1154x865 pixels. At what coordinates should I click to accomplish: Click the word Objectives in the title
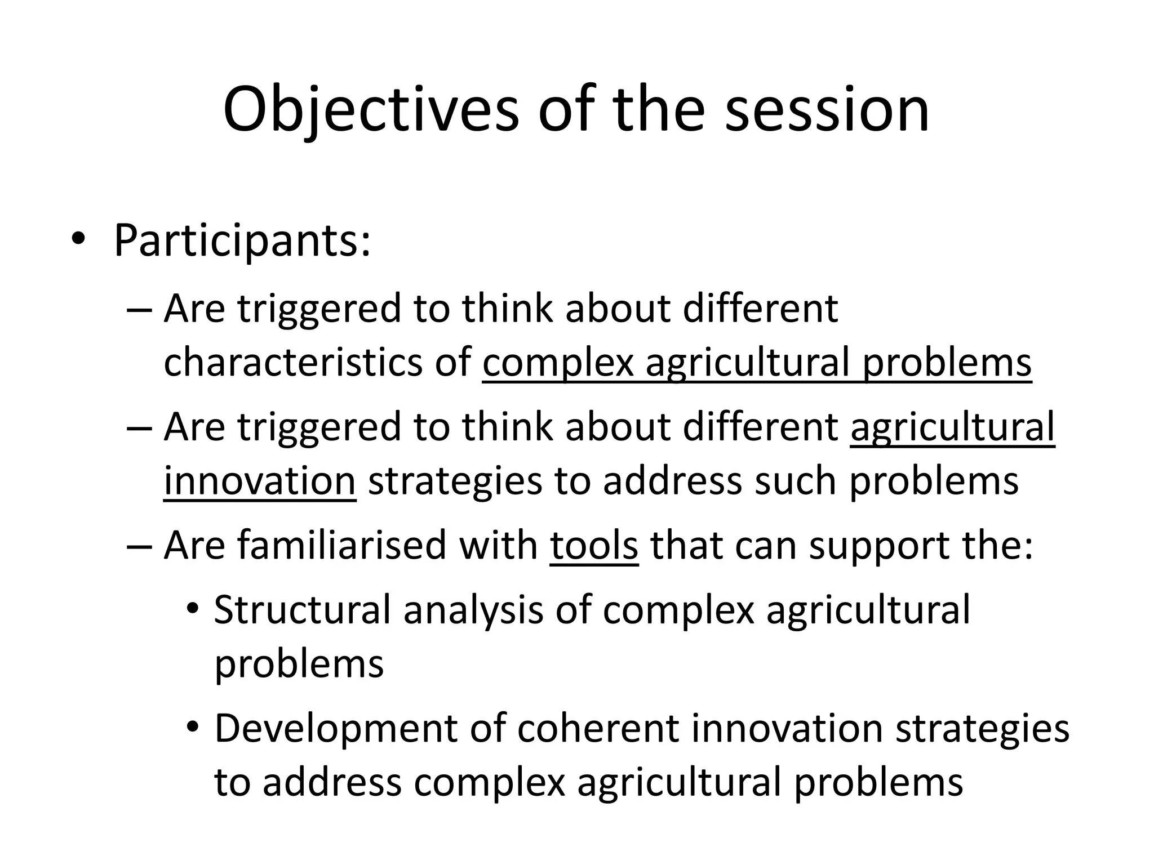(371, 110)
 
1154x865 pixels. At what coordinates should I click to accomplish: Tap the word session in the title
(827, 110)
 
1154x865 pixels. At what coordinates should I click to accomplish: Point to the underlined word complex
(558, 363)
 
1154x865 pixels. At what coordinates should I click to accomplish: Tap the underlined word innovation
(260, 481)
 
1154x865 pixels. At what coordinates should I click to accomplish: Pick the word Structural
(302, 610)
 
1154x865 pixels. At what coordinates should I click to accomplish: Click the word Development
(336, 728)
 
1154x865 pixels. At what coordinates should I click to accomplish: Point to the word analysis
(473, 610)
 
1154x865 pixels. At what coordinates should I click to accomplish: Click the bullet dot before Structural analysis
(193, 609)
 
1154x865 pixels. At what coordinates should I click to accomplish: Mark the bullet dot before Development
(193, 728)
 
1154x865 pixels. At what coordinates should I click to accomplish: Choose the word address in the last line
(332, 783)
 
